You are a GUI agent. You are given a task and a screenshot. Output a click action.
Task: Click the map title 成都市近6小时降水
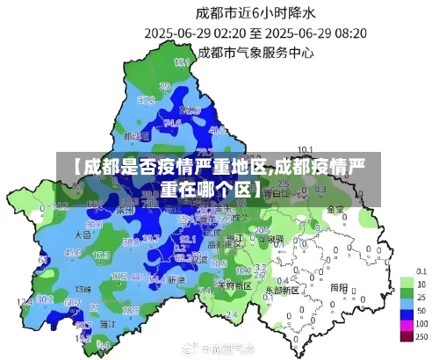tap(254, 13)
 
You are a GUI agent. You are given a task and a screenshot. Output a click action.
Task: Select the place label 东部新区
tap(282, 288)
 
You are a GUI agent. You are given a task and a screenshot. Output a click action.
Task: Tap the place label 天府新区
tap(234, 285)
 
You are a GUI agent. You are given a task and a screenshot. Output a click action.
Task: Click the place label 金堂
tap(335, 210)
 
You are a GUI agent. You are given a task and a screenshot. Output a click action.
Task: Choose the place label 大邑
tap(83, 235)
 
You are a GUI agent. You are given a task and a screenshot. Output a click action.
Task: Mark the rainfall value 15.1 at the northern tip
tap(183, 62)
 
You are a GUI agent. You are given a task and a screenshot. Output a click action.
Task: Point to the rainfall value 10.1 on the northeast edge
tap(306, 148)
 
